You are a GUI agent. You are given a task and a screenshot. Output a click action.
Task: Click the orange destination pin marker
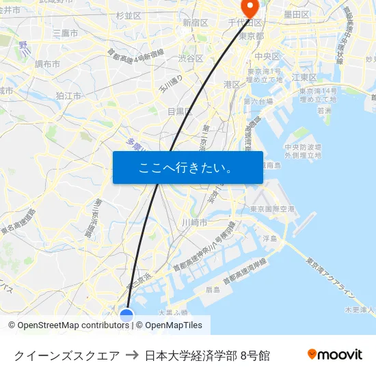click(x=249, y=8)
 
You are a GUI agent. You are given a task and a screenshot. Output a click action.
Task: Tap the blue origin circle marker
click(x=126, y=315)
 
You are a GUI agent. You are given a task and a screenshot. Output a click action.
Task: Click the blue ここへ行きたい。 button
click(x=188, y=167)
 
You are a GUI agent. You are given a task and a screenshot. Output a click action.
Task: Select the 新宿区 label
click(x=195, y=23)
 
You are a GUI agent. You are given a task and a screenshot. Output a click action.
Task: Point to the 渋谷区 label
click(x=191, y=59)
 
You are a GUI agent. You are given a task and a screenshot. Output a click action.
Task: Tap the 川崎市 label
click(x=195, y=223)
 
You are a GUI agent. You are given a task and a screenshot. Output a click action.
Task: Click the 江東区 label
click(x=304, y=77)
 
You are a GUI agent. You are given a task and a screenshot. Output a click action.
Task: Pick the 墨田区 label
click(x=297, y=14)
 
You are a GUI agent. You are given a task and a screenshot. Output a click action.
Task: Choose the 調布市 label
click(x=47, y=64)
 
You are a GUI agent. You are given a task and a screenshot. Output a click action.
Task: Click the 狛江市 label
click(x=69, y=96)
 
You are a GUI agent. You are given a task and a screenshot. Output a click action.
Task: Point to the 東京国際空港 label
click(x=272, y=209)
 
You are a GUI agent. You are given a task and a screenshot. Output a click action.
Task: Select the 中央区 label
click(x=267, y=56)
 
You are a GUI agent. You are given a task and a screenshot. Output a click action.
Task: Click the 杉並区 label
click(x=129, y=15)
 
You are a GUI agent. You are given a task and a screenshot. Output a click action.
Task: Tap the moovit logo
click(x=334, y=354)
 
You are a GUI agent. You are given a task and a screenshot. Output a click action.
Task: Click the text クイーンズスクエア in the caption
click(x=67, y=355)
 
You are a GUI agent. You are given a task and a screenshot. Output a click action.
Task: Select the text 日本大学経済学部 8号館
click(x=207, y=355)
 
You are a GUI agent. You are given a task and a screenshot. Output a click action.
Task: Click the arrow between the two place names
click(x=132, y=355)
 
